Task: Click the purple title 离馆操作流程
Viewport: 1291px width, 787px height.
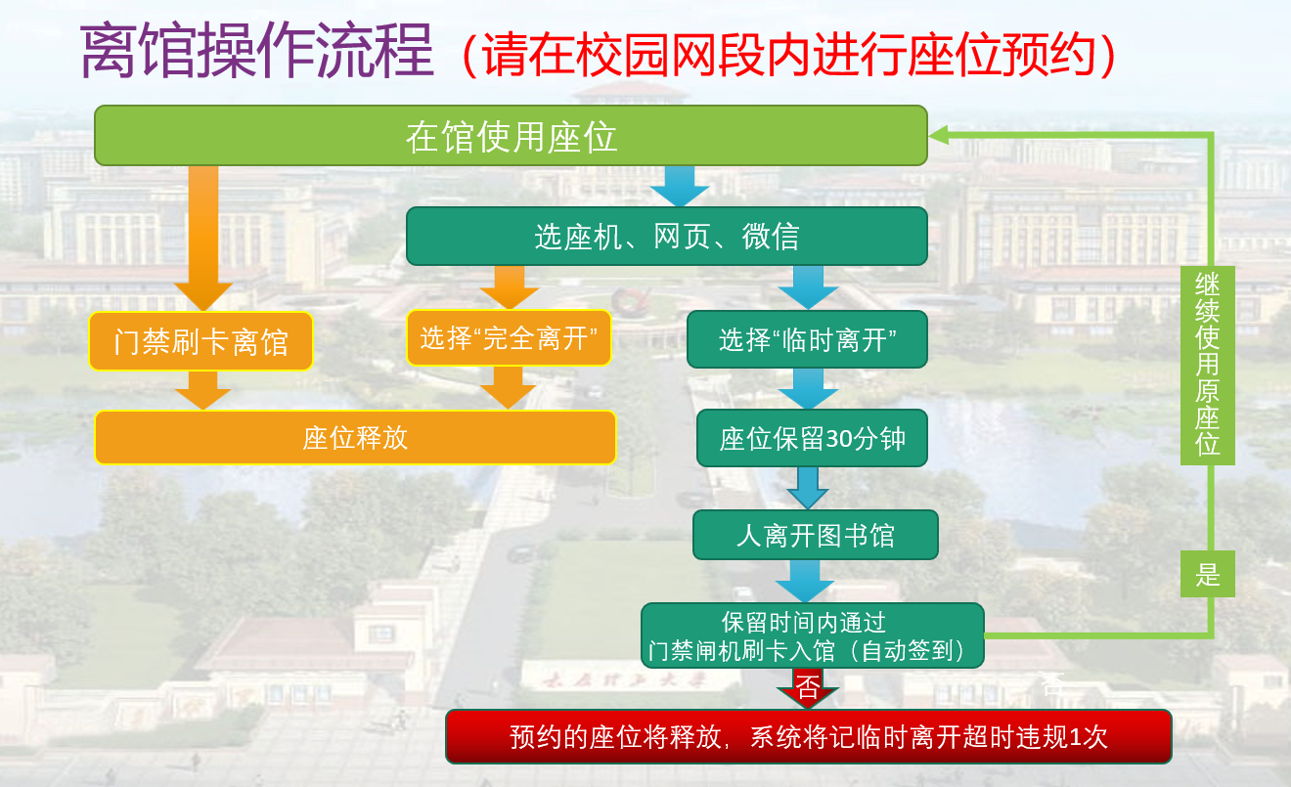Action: tap(256, 51)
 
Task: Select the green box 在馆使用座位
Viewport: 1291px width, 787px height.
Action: tap(511, 135)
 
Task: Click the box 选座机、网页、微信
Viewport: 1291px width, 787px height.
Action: tap(667, 237)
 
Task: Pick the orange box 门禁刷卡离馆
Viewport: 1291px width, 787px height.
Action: tap(201, 341)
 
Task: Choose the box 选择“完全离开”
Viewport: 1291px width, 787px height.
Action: tap(509, 338)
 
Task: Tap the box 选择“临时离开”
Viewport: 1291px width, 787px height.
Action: tap(808, 339)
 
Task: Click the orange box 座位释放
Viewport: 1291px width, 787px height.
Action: tap(356, 437)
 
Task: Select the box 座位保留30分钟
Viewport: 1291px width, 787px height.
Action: tap(812, 438)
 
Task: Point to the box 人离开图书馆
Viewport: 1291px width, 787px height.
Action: tap(816, 535)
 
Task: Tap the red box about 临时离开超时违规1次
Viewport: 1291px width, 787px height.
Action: tap(809, 737)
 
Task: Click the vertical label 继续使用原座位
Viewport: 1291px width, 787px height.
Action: tap(1208, 366)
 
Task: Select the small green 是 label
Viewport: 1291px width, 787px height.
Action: tap(1208, 574)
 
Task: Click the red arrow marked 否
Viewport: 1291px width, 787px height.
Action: tap(807, 688)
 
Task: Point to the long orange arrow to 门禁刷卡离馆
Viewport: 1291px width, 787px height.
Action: tap(203, 239)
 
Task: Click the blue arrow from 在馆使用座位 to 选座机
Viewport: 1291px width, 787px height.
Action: tap(680, 186)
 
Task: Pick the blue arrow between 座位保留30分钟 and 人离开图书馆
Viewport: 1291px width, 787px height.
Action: tap(808, 488)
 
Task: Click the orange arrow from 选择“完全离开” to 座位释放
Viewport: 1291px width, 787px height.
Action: tap(508, 388)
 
